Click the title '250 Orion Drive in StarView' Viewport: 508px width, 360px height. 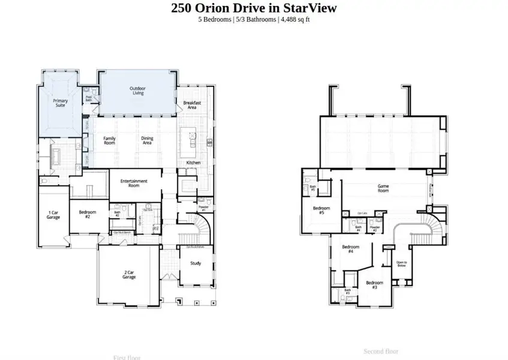[x=254, y=8]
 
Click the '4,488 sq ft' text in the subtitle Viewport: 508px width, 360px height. [x=294, y=19]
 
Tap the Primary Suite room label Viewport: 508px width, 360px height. [x=61, y=103]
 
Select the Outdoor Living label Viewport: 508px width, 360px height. [x=137, y=91]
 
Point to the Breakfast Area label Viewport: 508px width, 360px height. [x=191, y=104]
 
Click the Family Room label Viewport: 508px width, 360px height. [x=109, y=140]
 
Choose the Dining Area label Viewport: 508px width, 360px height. [x=147, y=140]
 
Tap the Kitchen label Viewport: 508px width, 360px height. [x=193, y=163]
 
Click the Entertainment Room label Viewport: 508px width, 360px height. [x=134, y=182]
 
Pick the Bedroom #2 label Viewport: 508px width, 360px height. [x=83, y=214]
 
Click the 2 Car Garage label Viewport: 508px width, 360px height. [x=129, y=274]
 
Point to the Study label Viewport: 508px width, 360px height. [x=196, y=263]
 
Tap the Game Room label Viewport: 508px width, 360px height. [x=383, y=188]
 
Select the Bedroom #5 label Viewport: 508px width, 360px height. [x=318, y=211]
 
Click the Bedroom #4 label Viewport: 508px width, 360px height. [x=350, y=249]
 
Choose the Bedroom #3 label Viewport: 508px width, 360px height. [x=374, y=284]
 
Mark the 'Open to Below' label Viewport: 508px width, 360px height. [x=402, y=264]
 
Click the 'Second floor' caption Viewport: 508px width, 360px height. [x=381, y=351]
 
